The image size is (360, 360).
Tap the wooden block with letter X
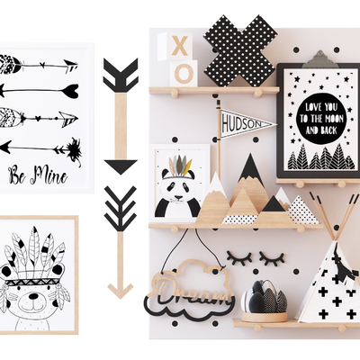179,47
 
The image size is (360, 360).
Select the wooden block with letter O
183,73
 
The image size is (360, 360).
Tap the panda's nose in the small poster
179,198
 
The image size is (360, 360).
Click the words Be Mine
38,175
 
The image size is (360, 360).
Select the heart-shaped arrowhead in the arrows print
71,90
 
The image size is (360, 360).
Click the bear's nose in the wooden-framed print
33,297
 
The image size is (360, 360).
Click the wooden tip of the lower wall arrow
121,290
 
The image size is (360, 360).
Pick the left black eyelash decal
239,256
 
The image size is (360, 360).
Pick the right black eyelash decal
272,257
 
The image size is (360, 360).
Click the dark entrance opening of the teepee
339,265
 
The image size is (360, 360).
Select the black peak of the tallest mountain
250,166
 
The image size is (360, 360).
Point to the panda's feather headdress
179,165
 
